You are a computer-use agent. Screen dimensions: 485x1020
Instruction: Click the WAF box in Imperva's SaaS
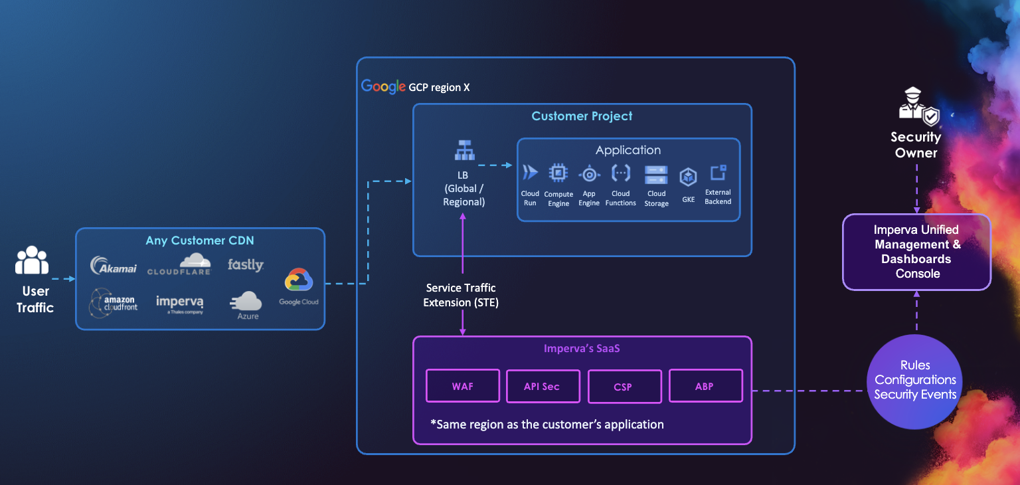tap(462, 386)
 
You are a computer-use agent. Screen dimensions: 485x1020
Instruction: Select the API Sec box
tap(541, 386)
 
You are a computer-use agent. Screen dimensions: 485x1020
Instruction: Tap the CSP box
tap(624, 387)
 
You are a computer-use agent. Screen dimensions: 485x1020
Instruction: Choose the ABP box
tap(705, 385)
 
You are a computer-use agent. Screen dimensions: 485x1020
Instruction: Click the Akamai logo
tap(114, 266)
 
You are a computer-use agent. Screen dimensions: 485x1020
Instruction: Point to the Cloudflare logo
tap(179, 264)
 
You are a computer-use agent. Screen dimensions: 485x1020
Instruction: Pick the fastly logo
tap(245, 264)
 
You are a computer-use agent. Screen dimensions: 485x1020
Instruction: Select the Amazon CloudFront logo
tap(114, 303)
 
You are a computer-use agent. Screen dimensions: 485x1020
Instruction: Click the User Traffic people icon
tap(32, 260)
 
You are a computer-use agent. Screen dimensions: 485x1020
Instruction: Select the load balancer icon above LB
tap(464, 151)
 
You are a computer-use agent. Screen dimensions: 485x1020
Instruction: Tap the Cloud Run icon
tap(530, 173)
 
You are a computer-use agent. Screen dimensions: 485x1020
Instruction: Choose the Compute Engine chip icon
tap(558, 173)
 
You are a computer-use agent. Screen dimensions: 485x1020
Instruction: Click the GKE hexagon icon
tap(688, 177)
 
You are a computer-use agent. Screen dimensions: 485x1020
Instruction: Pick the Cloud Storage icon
tap(656, 175)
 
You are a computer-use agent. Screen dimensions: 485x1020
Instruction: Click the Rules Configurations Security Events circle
tap(914, 380)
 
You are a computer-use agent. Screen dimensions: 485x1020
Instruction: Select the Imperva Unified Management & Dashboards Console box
tap(916, 252)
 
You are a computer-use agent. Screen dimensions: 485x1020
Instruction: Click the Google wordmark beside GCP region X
tap(383, 87)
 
